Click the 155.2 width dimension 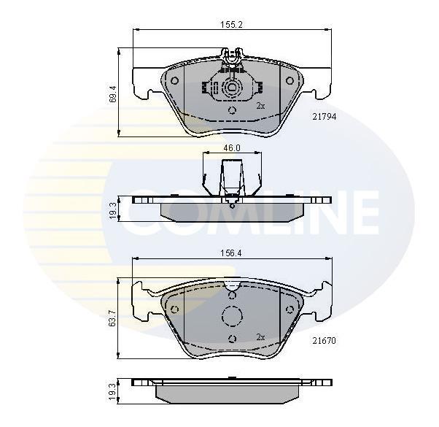click(231, 25)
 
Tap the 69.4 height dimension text click(113, 94)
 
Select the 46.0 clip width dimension click(232, 148)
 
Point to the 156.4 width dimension click(231, 253)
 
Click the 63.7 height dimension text click(113, 318)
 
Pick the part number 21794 click(325, 117)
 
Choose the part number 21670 click(324, 341)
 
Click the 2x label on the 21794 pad click(260, 106)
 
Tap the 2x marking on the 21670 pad click(260, 337)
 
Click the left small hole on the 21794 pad click(175, 81)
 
